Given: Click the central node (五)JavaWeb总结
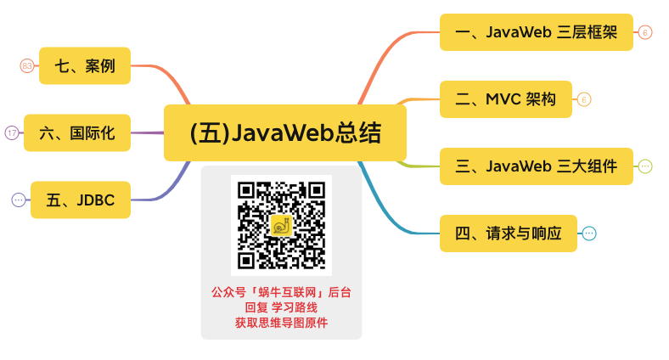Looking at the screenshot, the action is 284,132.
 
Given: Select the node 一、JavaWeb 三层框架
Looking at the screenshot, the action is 536,32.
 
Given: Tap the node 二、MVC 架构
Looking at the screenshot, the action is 505,99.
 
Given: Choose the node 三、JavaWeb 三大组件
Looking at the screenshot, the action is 536,166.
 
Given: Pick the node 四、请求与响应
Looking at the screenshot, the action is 508,233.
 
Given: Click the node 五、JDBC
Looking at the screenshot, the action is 80,200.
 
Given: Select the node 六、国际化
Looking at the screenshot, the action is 76,132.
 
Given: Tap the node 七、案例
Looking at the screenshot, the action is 84,65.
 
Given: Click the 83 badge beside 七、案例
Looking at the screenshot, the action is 26,65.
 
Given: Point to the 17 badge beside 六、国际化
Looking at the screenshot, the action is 12,132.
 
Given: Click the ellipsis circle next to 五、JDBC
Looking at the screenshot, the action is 19,200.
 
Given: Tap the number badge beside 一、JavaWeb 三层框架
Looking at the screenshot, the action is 645,32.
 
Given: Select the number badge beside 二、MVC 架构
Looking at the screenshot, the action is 583,99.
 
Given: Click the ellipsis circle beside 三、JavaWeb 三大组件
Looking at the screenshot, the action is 645,166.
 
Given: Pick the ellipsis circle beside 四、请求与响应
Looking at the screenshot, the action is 589,233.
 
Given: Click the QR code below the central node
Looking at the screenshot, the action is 281,225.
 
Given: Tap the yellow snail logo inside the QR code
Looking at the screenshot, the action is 281,225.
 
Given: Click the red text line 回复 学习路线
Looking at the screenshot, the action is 281,307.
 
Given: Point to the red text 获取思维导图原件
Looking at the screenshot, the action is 281,323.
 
